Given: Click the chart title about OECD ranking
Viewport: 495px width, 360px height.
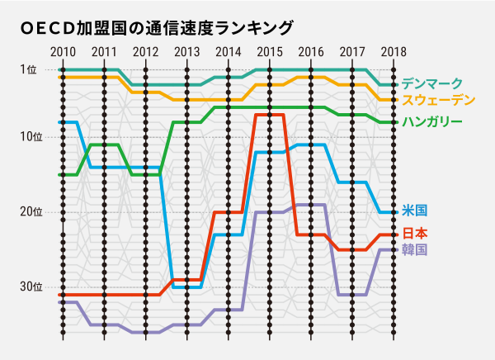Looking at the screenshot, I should pyautogui.click(x=157, y=27).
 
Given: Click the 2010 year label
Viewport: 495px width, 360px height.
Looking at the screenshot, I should pyautogui.click(x=63, y=53).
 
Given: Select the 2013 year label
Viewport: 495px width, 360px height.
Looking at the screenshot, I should pyautogui.click(x=186, y=53).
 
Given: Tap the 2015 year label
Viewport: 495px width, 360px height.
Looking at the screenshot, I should pyautogui.click(x=269, y=53).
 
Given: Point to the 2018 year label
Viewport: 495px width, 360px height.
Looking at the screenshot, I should pyautogui.click(x=393, y=53).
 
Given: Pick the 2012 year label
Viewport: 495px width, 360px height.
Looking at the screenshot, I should pyautogui.click(x=145, y=53).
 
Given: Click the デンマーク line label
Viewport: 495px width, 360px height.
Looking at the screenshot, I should pyautogui.click(x=431, y=84).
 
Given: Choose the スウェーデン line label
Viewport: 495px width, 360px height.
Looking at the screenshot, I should pyautogui.click(x=438, y=100).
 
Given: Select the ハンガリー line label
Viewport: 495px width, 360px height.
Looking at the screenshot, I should pyautogui.click(x=431, y=122).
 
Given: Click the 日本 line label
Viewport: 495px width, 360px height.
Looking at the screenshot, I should pyautogui.click(x=414, y=233).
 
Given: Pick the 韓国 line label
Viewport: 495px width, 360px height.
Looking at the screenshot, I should pyautogui.click(x=414, y=249).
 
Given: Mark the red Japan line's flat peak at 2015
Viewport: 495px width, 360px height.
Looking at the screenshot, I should pyautogui.click(x=269, y=115).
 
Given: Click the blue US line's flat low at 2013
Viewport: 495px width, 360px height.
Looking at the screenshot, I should pyautogui.click(x=186, y=287).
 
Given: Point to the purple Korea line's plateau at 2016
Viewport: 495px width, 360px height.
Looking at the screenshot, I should pyautogui.click(x=310, y=205).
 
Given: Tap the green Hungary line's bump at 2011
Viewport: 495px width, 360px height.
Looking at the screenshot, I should pyautogui.click(x=104, y=144).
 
